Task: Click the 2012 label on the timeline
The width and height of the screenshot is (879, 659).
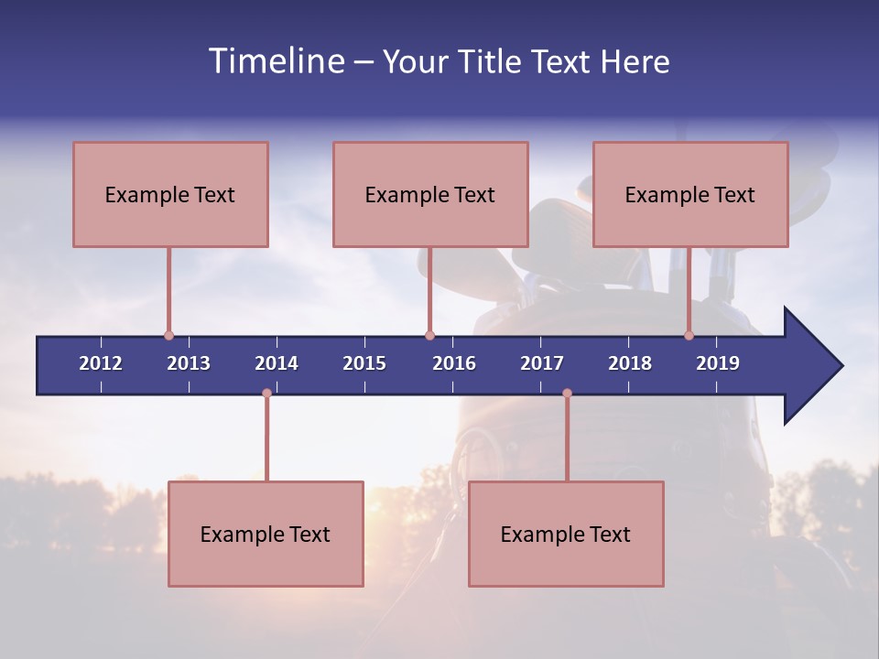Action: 101,363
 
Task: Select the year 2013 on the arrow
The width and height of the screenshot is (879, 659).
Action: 189,363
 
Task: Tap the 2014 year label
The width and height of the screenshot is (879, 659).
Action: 277,363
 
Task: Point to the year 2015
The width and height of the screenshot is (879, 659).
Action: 364,363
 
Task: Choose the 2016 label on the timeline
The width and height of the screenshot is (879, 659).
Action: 454,363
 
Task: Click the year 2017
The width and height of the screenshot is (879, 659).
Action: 542,363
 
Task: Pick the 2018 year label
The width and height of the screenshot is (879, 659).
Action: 630,363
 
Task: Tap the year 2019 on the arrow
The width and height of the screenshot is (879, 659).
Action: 718,363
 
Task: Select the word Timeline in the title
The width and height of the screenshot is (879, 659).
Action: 275,61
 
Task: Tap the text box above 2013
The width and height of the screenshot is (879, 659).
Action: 170,194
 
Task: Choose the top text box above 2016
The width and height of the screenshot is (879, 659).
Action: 430,194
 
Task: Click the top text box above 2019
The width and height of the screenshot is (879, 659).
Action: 690,194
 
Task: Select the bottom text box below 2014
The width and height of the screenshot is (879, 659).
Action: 266,534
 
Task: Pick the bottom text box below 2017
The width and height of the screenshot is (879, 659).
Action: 566,534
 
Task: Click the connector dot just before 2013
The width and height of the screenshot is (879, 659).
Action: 168,336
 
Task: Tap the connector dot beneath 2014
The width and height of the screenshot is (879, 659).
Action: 266,393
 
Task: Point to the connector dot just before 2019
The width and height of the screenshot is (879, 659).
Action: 689,336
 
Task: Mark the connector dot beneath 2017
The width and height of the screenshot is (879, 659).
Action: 567,393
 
